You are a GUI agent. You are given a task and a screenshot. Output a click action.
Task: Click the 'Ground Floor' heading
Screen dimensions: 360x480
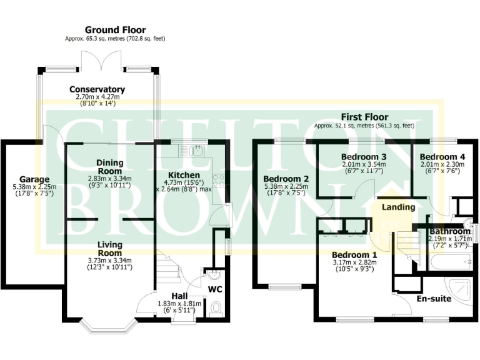tap(115, 29)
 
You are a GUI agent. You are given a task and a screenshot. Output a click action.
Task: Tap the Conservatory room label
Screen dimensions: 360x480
tap(97, 89)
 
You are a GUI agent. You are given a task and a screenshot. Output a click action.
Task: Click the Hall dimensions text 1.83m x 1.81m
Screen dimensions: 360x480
tap(179, 304)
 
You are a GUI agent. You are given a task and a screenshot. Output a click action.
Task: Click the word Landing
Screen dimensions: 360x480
tap(399, 207)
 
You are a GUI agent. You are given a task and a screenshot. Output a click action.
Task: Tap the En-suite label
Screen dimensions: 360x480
tap(434, 299)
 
